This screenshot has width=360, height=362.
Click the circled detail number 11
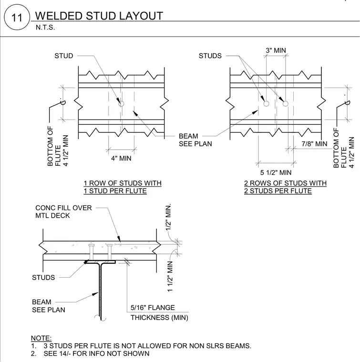17,18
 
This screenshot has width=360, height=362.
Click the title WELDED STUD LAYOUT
99,16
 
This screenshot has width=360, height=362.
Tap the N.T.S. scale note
45,28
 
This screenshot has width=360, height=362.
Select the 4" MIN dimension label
121,158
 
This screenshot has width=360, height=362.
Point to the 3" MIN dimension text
276,50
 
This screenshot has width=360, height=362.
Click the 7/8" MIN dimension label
314,144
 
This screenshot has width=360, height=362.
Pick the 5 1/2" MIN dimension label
276,172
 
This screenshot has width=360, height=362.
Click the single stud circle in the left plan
121,104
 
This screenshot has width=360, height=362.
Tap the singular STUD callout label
64,56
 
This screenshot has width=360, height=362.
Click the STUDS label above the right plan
210,56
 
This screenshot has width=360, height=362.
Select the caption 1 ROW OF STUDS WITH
123,183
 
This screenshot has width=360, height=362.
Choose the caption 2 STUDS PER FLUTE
278,191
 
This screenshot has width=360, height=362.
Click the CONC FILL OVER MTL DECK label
63,211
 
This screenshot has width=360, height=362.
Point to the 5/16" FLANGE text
153,308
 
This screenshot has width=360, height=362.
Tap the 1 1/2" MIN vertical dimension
170,277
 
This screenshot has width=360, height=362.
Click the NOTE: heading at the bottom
41,338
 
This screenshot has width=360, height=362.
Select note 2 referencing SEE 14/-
90,353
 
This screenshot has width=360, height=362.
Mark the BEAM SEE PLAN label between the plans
195,140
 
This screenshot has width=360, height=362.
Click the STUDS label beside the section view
43,277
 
